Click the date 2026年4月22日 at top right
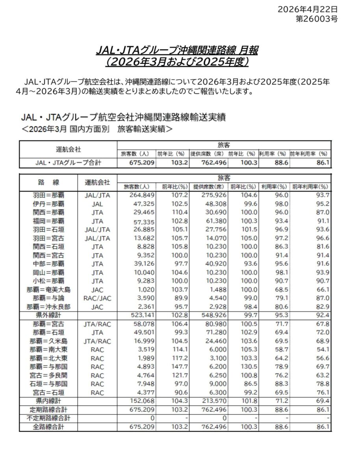pyautogui.click(x=308, y=9)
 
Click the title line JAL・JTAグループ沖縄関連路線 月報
pyautogui.click(x=178, y=51)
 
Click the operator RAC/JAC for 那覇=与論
pyautogui.click(x=97, y=298)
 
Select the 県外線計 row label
pyautogui.click(x=48, y=315)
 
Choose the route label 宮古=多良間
pyautogui.click(x=48, y=375)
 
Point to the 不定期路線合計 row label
pyautogui.click(x=48, y=418)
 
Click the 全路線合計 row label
pyautogui.click(x=48, y=426)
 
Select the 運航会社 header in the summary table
pyautogui.click(x=68, y=149)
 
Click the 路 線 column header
pyautogui.click(x=48, y=182)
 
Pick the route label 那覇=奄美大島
pyautogui.click(x=48, y=290)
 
